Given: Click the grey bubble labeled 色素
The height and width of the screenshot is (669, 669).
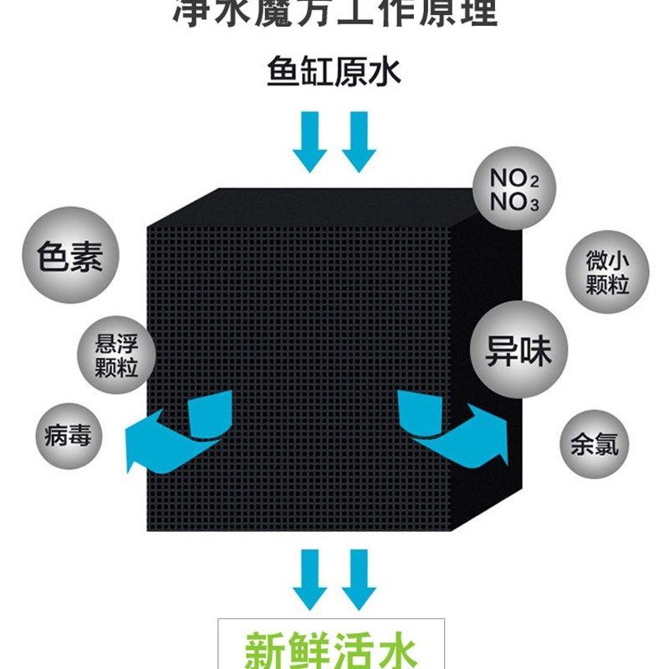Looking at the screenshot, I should pos(71,257).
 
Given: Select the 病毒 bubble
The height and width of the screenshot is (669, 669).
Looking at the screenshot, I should pos(68,435).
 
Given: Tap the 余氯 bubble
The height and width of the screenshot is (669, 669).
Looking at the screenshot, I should pos(595,442).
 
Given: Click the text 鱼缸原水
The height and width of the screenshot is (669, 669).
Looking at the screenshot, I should pos(334,72).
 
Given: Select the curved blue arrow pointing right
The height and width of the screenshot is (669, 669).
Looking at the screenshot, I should pos(452,427).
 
